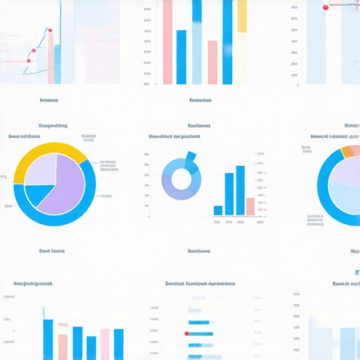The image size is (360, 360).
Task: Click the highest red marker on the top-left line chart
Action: [49, 30]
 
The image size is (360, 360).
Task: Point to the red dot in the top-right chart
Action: [326, 7]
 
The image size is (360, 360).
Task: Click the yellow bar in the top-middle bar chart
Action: [242, 16]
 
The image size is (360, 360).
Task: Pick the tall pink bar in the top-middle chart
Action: [167, 42]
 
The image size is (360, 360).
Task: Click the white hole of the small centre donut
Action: [181, 179]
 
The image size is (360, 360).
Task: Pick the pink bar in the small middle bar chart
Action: [250, 206]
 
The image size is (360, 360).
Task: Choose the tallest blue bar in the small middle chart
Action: [240, 190]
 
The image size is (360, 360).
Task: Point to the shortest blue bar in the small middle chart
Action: [218, 210]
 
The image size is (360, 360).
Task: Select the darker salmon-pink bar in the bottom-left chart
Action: [63, 346]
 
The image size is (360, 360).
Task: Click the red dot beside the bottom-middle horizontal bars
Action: [186, 333]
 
